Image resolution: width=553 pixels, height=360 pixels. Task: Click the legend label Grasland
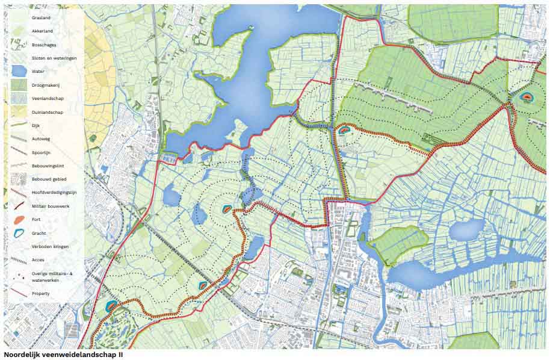(x=41, y=17)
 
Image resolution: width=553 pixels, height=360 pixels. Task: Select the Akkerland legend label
(x=42, y=31)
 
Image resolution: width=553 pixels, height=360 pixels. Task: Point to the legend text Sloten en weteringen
(x=54, y=58)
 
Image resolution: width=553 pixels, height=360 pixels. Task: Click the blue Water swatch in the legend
(x=19, y=72)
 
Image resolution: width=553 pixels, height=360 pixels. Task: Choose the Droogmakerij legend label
(x=46, y=85)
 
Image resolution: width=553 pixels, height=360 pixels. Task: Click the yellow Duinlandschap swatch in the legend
(x=19, y=112)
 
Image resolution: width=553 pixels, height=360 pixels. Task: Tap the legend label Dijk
(x=37, y=125)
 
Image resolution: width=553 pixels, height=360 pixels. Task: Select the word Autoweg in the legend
(x=41, y=139)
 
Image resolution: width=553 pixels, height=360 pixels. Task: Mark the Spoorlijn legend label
(x=42, y=152)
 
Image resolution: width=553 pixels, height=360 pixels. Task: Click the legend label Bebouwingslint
(x=48, y=166)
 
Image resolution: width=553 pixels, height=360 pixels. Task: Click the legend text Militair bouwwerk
(x=51, y=206)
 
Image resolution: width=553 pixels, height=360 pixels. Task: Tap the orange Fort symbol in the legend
(x=19, y=220)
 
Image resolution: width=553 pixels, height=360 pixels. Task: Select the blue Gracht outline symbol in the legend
(x=19, y=233)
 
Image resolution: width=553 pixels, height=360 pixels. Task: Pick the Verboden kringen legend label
(x=50, y=247)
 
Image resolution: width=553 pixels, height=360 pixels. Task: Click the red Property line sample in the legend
(x=19, y=294)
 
